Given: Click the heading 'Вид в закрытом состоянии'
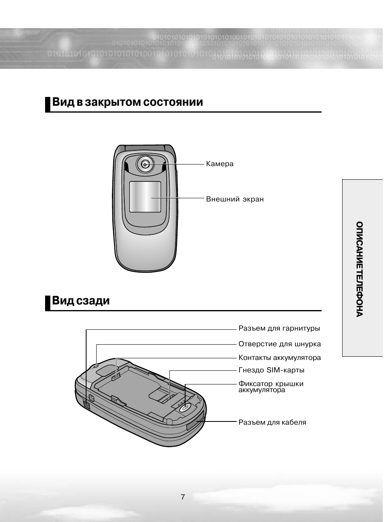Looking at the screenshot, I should coord(128,102).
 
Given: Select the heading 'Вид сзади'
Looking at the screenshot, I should coord(81,301).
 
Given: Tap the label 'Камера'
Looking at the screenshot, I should coord(219,164).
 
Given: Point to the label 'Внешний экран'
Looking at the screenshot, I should coord(235,199).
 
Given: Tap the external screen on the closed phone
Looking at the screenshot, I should coord(145,197).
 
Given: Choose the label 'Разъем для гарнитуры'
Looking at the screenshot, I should coord(279,329).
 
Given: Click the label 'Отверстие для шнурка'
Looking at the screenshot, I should coord(279,344).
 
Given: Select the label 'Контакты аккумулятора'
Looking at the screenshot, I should coord(279,358).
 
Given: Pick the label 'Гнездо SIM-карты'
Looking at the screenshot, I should coord(271,370).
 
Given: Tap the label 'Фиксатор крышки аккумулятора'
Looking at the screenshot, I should coord(270,387).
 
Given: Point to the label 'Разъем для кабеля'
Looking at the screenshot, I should coord(272,423).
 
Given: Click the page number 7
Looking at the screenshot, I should coord(183,497).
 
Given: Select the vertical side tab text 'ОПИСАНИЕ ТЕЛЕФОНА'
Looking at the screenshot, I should coord(359,269).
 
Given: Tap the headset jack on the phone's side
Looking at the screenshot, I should coord(87,404).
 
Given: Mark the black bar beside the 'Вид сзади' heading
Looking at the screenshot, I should coord(47,303).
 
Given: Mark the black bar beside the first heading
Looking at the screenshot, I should coord(47,104).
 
